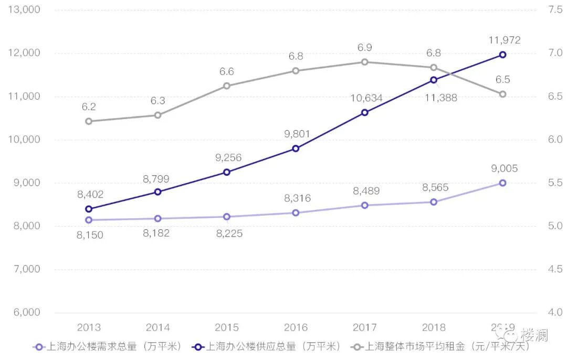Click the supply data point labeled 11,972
pos(502,55)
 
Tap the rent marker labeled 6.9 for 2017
pos(364,62)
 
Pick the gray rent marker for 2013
pos(89,121)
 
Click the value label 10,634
pos(365,98)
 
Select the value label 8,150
pos(90,235)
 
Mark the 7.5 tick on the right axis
pos(554,10)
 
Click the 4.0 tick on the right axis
pos(554,312)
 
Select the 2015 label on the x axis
pos(227,327)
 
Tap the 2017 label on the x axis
pos(365,327)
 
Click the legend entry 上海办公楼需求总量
pos(107,346)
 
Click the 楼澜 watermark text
pos(534,335)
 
